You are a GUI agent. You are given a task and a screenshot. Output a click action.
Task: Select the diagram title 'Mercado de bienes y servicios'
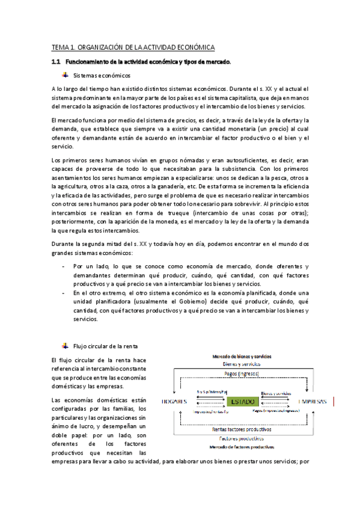pos(243,357)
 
